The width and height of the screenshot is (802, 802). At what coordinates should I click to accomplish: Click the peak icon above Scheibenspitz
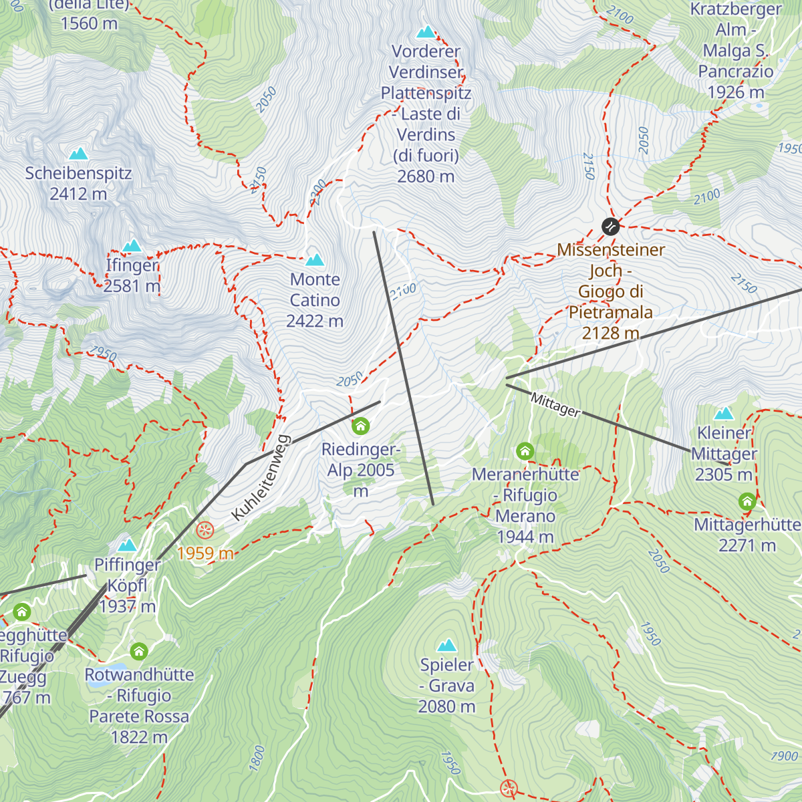[79, 154]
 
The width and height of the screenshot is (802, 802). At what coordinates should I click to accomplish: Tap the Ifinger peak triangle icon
[132, 246]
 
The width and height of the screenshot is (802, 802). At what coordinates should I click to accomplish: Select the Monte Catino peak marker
[314, 259]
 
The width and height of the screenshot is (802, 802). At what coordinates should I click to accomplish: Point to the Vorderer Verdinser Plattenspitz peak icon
[426, 31]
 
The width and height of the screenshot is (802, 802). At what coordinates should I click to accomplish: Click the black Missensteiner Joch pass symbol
[610, 227]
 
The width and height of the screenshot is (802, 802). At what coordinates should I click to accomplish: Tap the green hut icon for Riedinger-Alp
[361, 426]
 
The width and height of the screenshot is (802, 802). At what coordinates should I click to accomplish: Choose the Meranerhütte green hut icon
[525, 452]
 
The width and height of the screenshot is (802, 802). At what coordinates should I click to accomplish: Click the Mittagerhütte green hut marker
[747, 501]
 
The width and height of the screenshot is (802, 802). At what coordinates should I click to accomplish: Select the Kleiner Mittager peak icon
[724, 413]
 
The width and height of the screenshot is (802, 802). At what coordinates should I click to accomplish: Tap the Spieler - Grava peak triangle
[446, 645]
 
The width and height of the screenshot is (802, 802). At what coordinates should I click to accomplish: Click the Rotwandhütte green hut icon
[139, 651]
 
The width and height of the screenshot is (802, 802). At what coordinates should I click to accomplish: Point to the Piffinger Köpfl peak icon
[127, 545]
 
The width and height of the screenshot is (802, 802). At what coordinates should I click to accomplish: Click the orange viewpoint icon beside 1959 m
[205, 531]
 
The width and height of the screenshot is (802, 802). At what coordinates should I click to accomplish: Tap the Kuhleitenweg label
[261, 477]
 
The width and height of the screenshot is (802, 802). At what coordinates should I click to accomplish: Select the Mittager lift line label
[555, 405]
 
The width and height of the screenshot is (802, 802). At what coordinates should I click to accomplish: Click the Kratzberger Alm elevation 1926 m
[735, 92]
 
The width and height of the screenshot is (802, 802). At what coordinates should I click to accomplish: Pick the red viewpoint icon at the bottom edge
[509, 788]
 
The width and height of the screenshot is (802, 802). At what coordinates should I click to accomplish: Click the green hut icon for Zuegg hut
[22, 612]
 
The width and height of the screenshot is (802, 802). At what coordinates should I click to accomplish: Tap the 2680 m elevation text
[426, 176]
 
